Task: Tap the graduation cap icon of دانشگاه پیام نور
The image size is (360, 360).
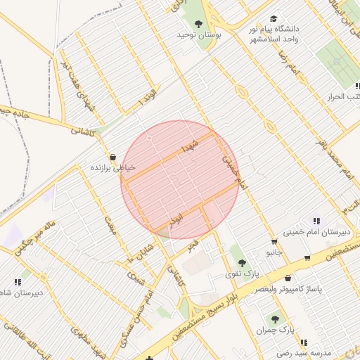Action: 274,19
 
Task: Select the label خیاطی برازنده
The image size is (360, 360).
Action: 112,168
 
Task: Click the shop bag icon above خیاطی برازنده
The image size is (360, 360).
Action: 112,157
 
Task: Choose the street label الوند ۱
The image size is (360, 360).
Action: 148,95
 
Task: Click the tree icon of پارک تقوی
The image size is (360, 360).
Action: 243,262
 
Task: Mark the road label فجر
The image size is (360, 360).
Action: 192,246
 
